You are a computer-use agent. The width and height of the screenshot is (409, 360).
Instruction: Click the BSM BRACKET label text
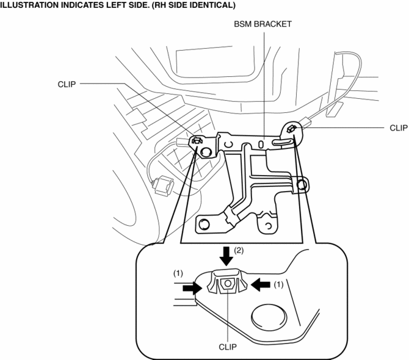[x=262, y=24]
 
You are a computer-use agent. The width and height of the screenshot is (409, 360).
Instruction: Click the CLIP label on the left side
[x=67, y=84]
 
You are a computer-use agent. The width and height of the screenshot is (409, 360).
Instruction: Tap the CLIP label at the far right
[x=398, y=128]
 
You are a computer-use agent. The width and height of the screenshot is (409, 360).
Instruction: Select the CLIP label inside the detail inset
[x=228, y=347]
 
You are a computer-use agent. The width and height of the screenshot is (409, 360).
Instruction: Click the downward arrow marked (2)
[x=226, y=256]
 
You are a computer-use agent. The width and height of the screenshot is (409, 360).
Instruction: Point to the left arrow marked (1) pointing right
[x=192, y=288]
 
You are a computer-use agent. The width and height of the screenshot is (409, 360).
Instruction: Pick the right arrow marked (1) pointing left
[x=260, y=284]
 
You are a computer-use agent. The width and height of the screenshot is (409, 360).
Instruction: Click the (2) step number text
[x=239, y=251]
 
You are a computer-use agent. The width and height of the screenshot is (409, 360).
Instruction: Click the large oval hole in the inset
[x=269, y=317]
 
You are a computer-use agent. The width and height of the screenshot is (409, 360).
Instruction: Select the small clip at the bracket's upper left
[x=197, y=141]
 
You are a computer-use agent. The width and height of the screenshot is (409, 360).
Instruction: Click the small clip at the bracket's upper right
[x=291, y=129]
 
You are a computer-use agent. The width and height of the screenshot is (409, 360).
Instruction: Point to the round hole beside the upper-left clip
[x=206, y=152]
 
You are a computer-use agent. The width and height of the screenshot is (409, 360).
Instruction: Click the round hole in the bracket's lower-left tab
[x=204, y=224]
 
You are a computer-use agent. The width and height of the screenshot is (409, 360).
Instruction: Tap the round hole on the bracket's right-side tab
[x=302, y=184]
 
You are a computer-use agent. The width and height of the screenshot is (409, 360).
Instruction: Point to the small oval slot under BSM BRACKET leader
[x=261, y=144]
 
